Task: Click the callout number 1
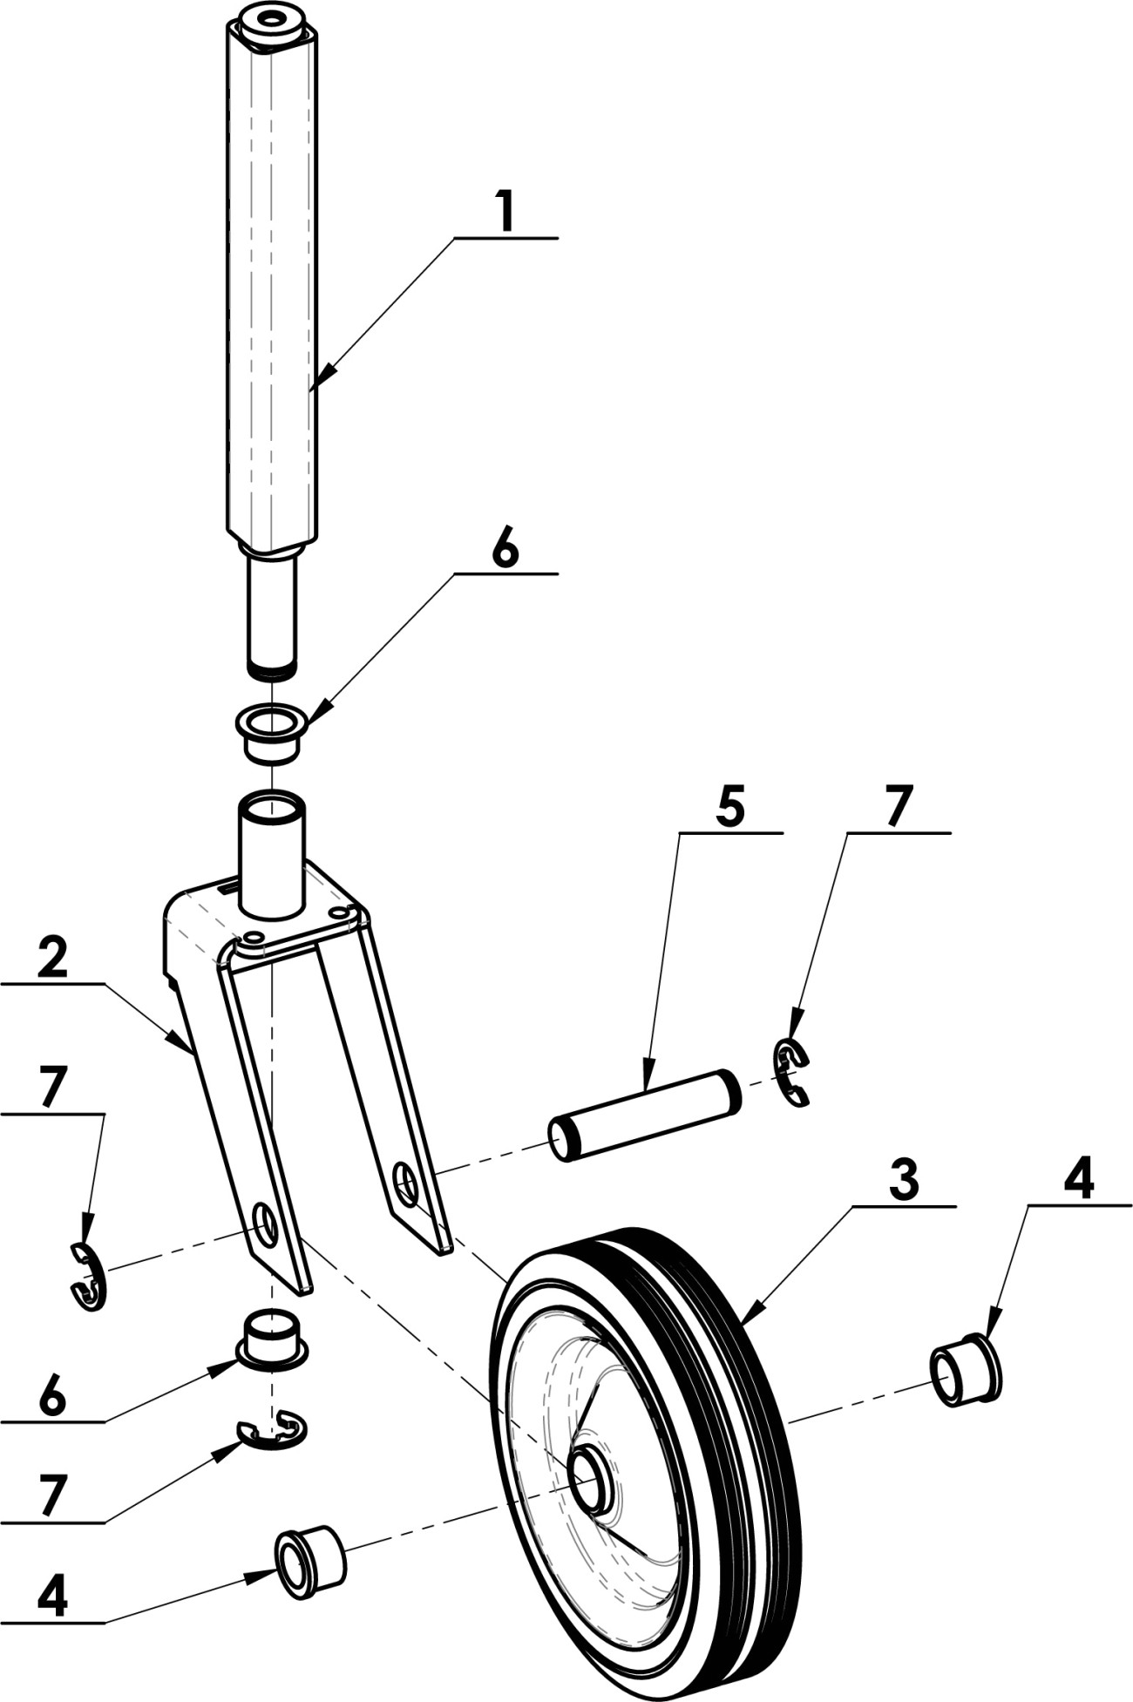coord(506,211)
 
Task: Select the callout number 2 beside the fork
coord(53,959)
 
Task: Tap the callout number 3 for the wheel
coord(904,1181)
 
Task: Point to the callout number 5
coord(730,808)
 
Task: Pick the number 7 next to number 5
coord(899,806)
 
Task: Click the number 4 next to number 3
coord(1079,1181)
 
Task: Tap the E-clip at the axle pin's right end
coord(791,1073)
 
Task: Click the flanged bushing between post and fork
coord(271,735)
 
